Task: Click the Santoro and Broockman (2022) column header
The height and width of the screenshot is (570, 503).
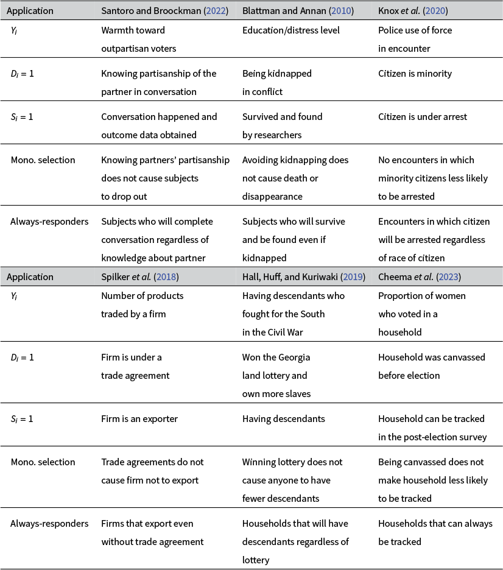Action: (x=164, y=11)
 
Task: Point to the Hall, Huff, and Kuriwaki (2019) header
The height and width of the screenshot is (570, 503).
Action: (x=303, y=277)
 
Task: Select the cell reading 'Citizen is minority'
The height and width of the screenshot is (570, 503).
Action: (x=415, y=74)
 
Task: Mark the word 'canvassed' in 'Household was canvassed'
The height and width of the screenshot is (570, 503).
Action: (x=450, y=357)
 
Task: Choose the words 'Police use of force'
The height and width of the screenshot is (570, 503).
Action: (x=415, y=30)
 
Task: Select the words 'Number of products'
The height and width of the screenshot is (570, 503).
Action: (x=142, y=296)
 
